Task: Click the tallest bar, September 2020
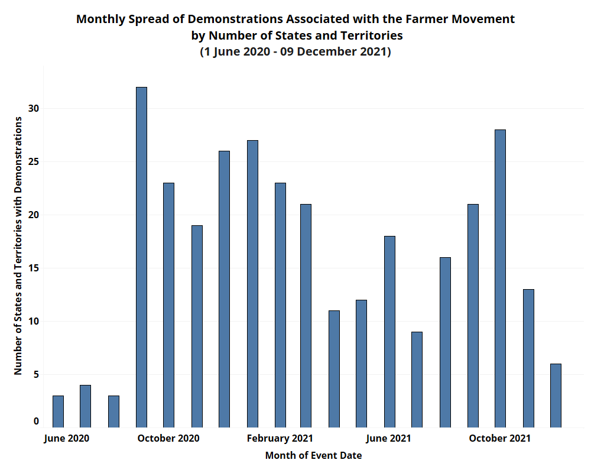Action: [141, 257]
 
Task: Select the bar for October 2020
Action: [168, 305]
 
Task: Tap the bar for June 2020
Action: [58, 412]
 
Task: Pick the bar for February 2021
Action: [280, 305]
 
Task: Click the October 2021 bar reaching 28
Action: [500, 278]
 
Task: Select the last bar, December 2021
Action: [556, 396]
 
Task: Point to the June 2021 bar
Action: [389, 332]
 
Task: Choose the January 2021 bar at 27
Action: [252, 284]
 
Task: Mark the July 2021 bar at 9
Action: [417, 380]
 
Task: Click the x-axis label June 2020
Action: [67, 439]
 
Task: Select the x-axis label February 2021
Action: [280, 439]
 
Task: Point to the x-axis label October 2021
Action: [499, 439]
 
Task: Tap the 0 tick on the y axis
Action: [36, 422]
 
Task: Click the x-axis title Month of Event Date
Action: [313, 456]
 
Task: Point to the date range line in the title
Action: [295, 52]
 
